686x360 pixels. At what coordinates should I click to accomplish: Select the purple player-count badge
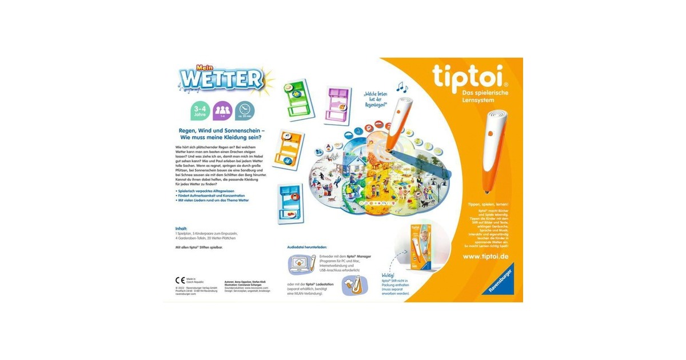click(x=222, y=110)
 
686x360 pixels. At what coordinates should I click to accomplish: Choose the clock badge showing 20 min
click(x=245, y=110)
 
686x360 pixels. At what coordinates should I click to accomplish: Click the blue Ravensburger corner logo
click(x=501, y=281)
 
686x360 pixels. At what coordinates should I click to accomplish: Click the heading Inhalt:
click(x=182, y=228)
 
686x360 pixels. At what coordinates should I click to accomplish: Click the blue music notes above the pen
click(x=402, y=87)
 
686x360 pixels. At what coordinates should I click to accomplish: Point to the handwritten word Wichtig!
click(x=389, y=275)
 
